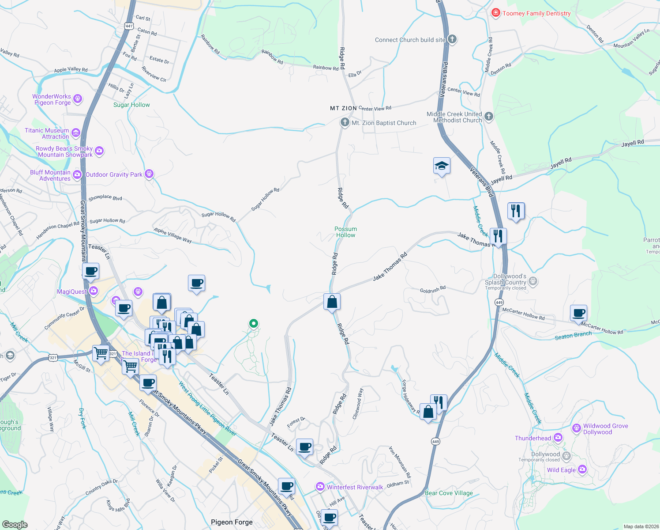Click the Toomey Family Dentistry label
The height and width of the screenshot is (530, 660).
pyautogui.click(x=536, y=13)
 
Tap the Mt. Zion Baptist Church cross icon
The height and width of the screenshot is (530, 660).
pyautogui.click(x=345, y=122)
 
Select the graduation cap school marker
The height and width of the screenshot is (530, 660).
pyautogui.click(x=442, y=166)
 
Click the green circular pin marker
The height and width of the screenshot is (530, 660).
pyautogui.click(x=254, y=323)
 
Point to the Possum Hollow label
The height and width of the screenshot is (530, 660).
pyautogui.click(x=345, y=232)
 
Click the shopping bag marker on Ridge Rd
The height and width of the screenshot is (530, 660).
pyautogui.click(x=332, y=302)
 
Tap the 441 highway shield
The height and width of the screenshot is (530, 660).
pyautogui.click(x=129, y=26)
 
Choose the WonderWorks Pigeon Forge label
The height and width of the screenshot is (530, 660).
pyautogui.click(x=52, y=99)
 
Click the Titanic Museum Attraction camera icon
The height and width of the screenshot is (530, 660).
pyautogui.click(x=76, y=132)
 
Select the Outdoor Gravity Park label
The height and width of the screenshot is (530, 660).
pyautogui.click(x=114, y=174)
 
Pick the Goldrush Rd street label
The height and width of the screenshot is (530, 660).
pyautogui.click(x=433, y=290)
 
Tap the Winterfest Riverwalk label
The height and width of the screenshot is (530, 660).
pyautogui.click(x=355, y=487)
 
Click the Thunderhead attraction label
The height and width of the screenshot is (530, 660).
pyautogui.click(x=533, y=438)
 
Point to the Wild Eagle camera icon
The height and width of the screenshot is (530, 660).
pyautogui.click(x=582, y=469)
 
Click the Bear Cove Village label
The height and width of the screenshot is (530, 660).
pyautogui.click(x=449, y=493)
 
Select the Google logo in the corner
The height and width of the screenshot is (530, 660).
pyautogui.click(x=15, y=524)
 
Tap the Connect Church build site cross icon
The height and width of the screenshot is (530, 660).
pyautogui.click(x=452, y=39)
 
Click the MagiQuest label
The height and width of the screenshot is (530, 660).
pyautogui.click(x=72, y=291)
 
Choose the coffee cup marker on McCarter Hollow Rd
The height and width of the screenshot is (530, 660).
pyautogui.click(x=578, y=313)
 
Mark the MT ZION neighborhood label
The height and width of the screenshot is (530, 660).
pyautogui.click(x=343, y=108)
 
